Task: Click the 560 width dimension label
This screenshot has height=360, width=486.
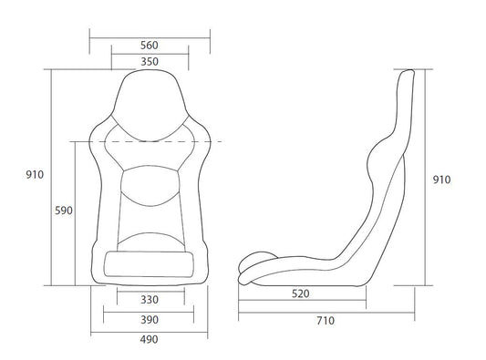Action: (150, 45)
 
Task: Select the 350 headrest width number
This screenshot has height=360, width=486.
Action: (150, 62)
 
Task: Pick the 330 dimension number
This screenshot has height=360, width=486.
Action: (150, 299)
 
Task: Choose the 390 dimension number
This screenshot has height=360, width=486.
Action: (150, 320)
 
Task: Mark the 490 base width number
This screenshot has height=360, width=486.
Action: (150, 339)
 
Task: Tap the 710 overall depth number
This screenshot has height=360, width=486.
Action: (325, 321)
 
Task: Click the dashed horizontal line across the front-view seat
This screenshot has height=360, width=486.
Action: (150, 141)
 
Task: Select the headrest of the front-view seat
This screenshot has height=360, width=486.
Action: (150, 96)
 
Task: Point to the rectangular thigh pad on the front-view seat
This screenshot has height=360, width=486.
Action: (150, 265)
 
